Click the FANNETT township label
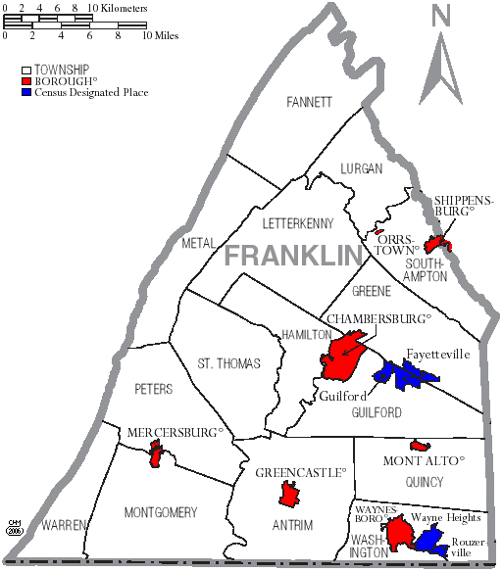(310, 102)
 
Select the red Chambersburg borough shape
(344, 358)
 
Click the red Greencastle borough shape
(288, 495)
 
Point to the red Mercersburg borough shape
(155, 454)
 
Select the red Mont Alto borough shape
(416, 446)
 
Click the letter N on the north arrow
(441, 16)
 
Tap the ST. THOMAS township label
(228, 363)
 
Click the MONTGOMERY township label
(161, 512)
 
